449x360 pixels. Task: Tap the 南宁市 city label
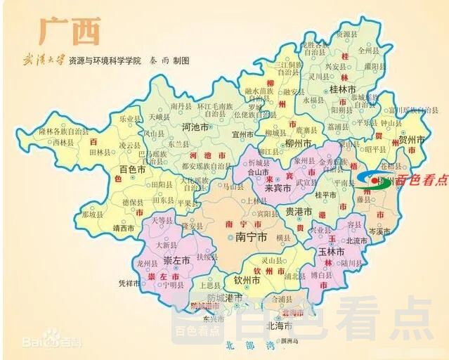pyautogui.click(x=250, y=238)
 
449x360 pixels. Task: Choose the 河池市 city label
pyautogui.click(x=195, y=128)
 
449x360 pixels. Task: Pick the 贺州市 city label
pyautogui.click(x=412, y=141)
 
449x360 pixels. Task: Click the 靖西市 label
pyautogui.click(x=124, y=228)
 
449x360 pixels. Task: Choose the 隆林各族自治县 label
pyautogui.click(x=64, y=131)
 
